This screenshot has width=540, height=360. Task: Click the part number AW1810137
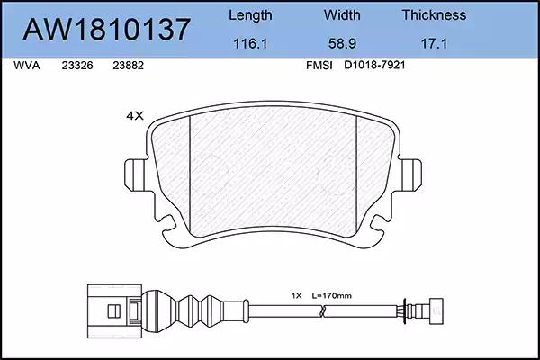(x=106, y=29)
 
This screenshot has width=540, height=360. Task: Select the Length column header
(x=250, y=16)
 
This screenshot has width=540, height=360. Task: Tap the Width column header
(x=342, y=15)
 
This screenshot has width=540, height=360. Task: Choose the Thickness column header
(x=434, y=15)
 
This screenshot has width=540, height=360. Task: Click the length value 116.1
(x=250, y=44)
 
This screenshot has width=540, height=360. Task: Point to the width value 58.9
(x=342, y=44)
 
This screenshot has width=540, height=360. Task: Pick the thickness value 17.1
(x=434, y=44)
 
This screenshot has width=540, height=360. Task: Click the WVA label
(x=27, y=66)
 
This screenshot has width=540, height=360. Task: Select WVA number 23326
(x=77, y=66)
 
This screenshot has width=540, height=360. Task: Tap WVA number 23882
(x=128, y=66)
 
